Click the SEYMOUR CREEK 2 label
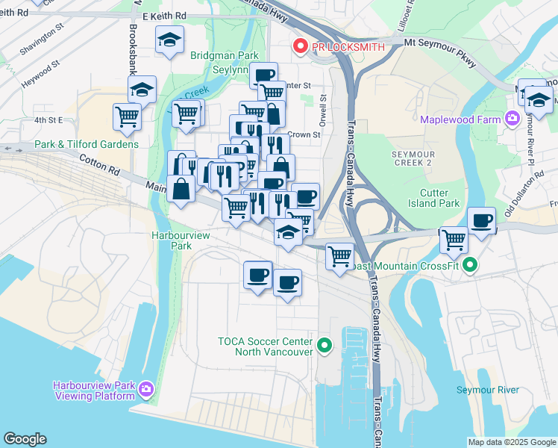413,158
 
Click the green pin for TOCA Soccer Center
324,345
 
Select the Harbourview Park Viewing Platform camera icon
146,389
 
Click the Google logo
25,439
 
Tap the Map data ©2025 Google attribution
512,442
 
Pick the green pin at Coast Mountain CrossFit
469,264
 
